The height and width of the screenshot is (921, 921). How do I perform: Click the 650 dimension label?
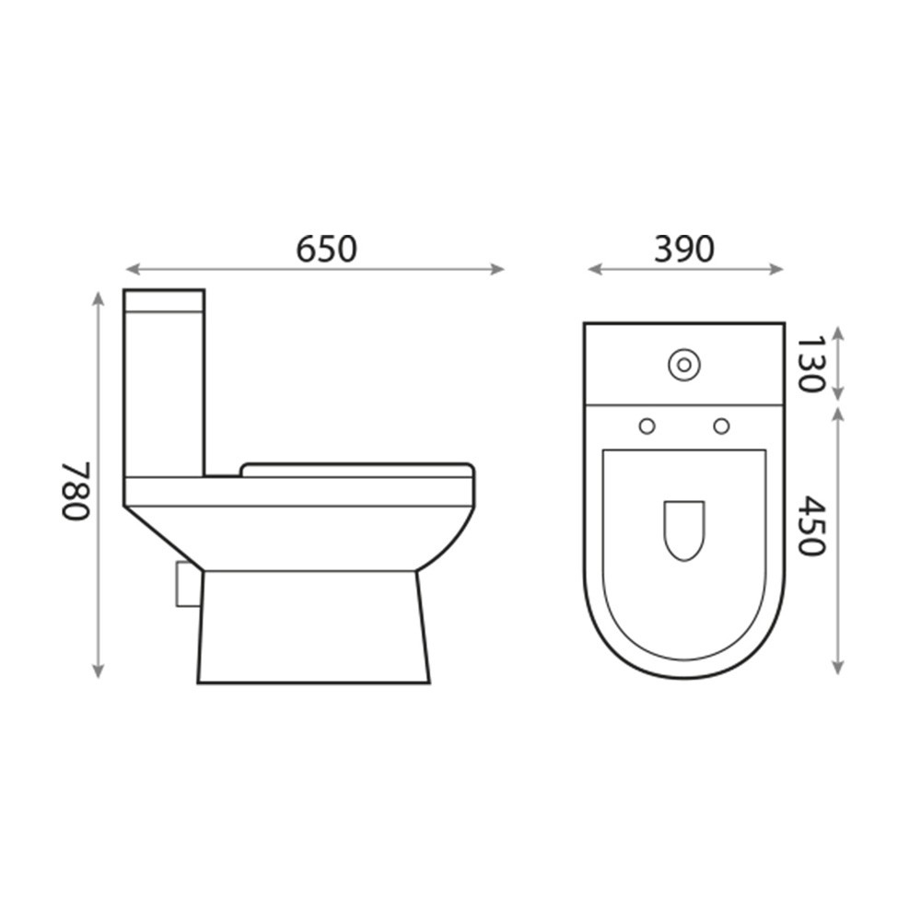click(326, 249)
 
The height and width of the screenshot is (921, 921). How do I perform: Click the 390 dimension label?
click(683, 249)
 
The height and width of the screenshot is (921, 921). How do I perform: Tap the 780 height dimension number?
click(76, 491)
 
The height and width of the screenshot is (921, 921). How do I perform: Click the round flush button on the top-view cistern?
click(683, 365)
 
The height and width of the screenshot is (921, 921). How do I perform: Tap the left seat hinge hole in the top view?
click(647, 426)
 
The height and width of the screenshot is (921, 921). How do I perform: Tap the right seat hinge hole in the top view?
click(721, 426)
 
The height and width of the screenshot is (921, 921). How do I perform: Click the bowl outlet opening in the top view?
click(683, 530)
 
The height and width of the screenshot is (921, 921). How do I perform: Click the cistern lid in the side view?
click(164, 301)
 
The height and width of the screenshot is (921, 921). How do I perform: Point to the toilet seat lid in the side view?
click(357, 470)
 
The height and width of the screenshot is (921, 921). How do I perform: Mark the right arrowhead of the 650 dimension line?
click(499, 269)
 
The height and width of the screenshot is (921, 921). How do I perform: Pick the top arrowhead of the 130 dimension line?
click(837, 330)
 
